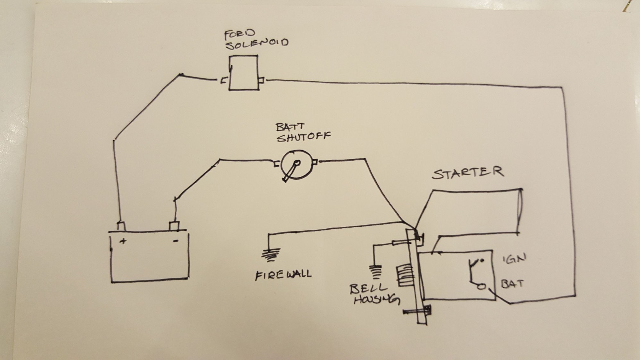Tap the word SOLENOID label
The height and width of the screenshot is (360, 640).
257,44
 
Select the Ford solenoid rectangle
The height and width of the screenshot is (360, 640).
243,73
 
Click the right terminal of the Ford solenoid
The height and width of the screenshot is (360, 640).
262,80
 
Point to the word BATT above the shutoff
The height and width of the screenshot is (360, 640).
290,127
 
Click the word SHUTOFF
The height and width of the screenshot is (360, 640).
303,137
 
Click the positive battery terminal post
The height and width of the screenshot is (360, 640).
121,226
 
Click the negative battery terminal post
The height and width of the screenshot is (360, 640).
174,225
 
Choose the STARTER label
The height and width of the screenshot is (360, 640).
468,172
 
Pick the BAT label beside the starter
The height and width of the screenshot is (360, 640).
512,284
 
